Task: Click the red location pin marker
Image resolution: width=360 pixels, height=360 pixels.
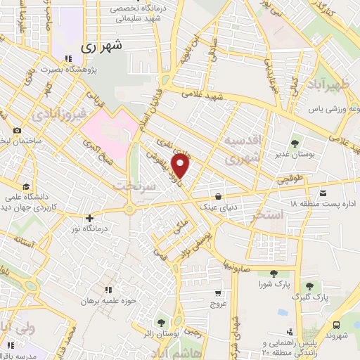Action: coord(181,166)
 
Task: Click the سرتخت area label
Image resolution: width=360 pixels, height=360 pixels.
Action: coord(131,184)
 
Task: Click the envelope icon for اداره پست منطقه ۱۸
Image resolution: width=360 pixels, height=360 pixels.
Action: coord(323,193)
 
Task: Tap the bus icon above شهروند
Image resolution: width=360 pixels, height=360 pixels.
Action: coord(337,325)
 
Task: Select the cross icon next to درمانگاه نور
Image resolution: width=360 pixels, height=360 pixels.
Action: coord(89,219)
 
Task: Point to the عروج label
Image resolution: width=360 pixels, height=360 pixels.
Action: coord(219,304)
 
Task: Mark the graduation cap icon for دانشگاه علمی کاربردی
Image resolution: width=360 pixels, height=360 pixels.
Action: coord(27,186)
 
